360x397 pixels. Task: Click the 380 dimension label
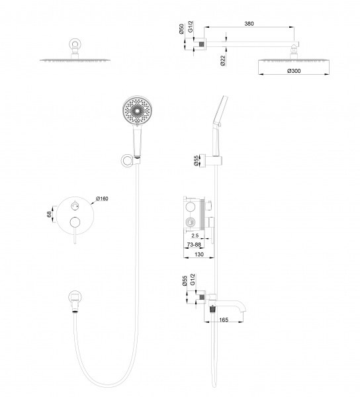click(249, 24)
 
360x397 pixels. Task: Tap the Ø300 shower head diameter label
click(294, 71)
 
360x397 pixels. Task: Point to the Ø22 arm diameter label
click(223, 61)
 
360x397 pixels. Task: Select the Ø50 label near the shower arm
click(181, 29)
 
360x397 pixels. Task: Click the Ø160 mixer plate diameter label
click(102, 198)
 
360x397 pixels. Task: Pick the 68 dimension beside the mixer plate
click(49, 214)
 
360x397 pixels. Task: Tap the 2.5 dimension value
click(195, 236)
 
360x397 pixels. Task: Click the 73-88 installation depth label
click(194, 245)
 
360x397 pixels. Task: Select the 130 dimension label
click(199, 254)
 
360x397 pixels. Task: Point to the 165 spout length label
click(224, 320)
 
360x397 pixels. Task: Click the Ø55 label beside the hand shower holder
click(197, 161)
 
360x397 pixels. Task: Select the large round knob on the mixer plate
click(75, 222)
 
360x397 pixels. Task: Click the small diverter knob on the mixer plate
click(75, 206)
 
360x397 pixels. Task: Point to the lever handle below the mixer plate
click(75, 236)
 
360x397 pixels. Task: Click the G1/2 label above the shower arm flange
click(191, 26)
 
